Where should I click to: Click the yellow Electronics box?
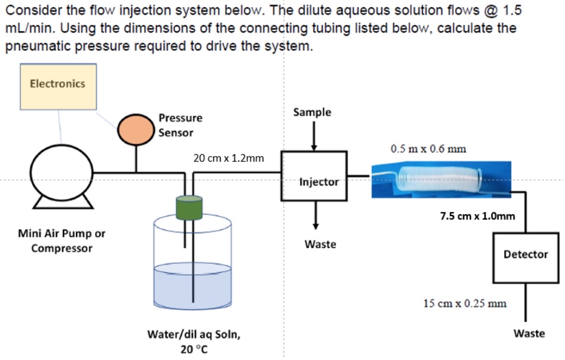pos(58,86)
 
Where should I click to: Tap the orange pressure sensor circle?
pos(135,130)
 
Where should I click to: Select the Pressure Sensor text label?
pos(180,125)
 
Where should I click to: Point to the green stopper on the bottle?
pos(189,207)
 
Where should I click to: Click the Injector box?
pos(314,176)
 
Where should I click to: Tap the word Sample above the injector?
pos(313,112)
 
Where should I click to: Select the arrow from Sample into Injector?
pos(313,136)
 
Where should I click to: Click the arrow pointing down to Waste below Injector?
pos(315,215)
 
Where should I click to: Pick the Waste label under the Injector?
pos(320,244)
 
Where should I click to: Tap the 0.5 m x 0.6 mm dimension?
pos(428,149)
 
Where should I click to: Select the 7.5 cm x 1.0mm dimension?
pos(477,216)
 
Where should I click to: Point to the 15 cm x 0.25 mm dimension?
pos(465,303)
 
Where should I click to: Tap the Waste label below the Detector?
pos(529,333)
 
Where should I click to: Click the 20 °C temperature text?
pos(193,349)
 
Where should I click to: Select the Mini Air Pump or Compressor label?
pos(61,240)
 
